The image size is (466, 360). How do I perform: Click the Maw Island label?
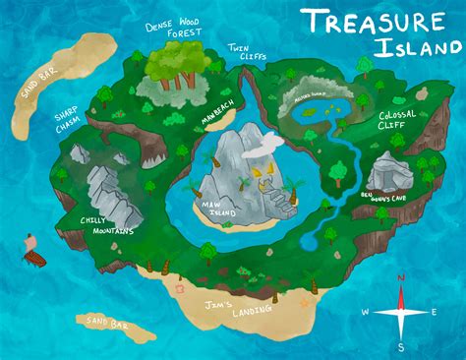click(217, 209)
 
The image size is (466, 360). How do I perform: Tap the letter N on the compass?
click(400, 278)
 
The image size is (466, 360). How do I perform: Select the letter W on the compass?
click(365, 313)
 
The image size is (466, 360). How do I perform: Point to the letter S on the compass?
click(401, 346)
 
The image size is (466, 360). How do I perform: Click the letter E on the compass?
click(437, 313)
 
